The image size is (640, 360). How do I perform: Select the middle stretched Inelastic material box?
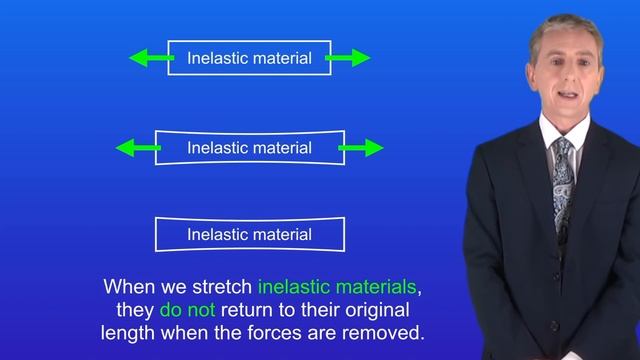[x=249, y=148]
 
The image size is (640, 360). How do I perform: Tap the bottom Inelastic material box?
[x=249, y=235]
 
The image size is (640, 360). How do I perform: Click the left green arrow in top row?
[x=148, y=59]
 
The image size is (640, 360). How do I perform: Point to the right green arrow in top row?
[x=349, y=59]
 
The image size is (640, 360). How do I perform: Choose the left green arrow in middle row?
[x=137, y=148]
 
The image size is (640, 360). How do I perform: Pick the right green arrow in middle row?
[x=362, y=148]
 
